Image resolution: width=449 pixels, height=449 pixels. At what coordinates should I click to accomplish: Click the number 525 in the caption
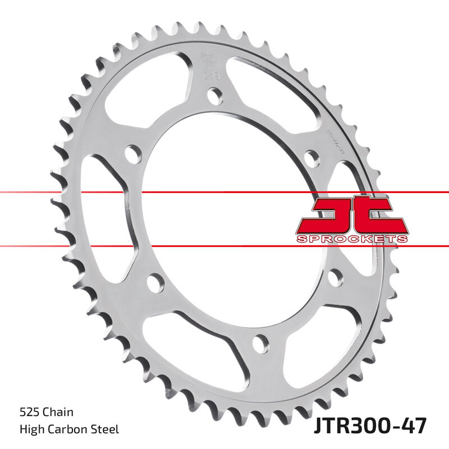pyautogui.click(x=29, y=413)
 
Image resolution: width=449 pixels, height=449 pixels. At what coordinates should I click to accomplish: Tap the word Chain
pyautogui.click(x=59, y=413)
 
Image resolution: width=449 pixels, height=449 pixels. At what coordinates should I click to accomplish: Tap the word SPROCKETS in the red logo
pyautogui.click(x=352, y=239)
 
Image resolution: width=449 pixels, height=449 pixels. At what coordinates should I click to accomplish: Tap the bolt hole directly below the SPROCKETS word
pyautogui.click(x=335, y=276)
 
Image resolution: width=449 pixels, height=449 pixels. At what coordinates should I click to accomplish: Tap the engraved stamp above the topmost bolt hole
pyautogui.click(x=207, y=65)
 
